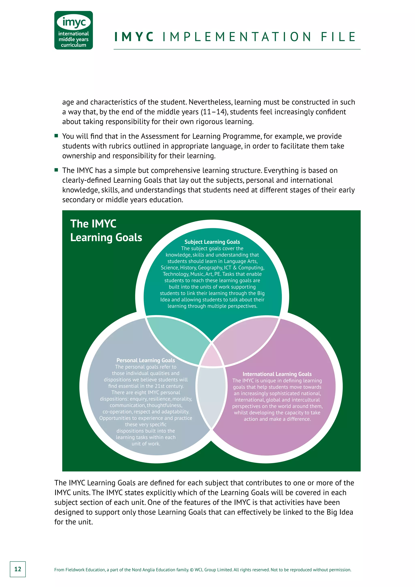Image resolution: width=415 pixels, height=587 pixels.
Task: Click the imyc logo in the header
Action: pos(74,30)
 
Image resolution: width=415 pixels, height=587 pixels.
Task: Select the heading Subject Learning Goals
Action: pos(212,242)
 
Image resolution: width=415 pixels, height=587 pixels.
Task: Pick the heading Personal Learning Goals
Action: pos(146,360)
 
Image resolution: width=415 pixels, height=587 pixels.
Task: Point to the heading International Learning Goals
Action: pos(277,374)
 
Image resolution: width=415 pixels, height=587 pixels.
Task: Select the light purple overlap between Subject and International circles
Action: pos(245,337)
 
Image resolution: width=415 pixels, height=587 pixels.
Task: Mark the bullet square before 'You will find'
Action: pos(56,136)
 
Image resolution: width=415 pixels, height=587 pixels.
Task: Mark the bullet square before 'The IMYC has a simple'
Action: pos(56,170)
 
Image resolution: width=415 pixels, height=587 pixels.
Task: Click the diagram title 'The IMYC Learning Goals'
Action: pos(106,231)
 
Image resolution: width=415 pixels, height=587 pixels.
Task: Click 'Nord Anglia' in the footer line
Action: pos(141,570)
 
